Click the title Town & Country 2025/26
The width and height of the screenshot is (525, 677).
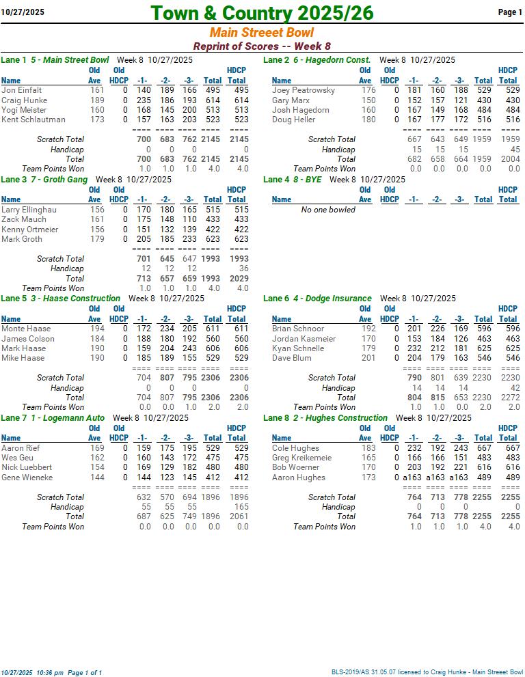click(262, 13)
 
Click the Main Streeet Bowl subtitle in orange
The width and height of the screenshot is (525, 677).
click(262, 33)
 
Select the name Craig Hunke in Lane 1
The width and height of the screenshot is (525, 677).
click(24, 100)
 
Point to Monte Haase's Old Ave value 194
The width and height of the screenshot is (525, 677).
click(98, 329)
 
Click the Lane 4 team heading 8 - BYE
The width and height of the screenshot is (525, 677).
click(304, 180)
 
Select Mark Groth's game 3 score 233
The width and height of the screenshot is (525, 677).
click(189, 239)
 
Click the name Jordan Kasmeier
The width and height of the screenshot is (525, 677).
click(304, 339)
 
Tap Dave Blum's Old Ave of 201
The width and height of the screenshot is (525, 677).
click(368, 358)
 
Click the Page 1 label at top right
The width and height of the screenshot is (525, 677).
click(510, 12)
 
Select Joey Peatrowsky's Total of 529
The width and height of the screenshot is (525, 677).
click(483, 90)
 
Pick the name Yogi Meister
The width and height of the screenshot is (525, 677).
click(24, 110)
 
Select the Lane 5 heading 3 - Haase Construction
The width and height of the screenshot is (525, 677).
click(75, 299)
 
